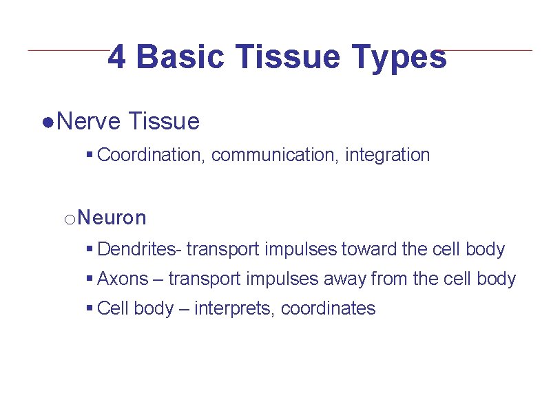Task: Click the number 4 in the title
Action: pyautogui.click(x=118, y=57)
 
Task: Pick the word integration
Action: pyautogui.click(x=387, y=156)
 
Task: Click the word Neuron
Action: pyautogui.click(x=112, y=218)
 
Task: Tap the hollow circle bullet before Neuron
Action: pyautogui.click(x=69, y=220)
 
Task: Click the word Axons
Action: pyautogui.click(x=123, y=279)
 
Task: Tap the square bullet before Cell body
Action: pyautogui.click(x=90, y=309)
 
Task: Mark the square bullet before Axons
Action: pyautogui.click(x=90, y=279)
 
